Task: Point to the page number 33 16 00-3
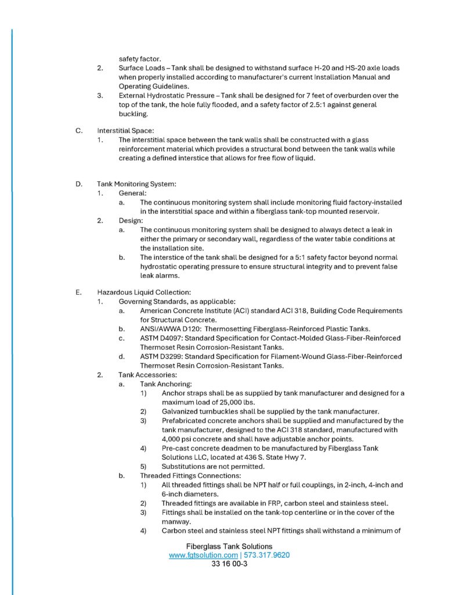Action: point(230,564)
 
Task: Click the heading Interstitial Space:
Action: point(125,131)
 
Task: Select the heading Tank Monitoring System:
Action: point(136,184)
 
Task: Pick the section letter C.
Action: point(78,131)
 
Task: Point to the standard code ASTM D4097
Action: point(160,338)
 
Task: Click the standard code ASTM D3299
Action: point(160,356)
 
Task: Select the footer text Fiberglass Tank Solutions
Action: point(229,546)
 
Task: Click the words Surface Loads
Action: point(140,68)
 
